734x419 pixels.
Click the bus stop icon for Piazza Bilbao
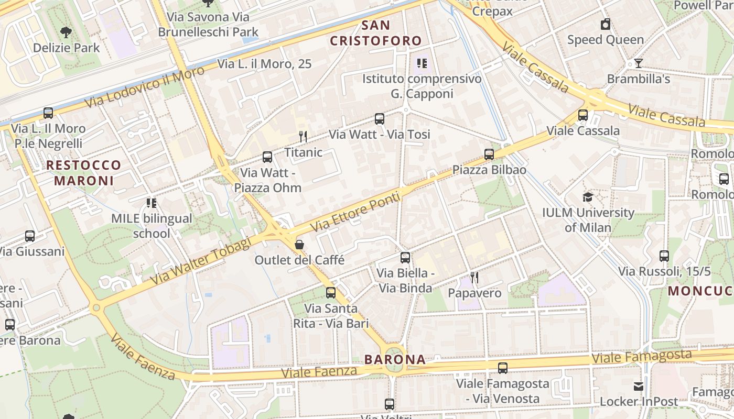(489, 154)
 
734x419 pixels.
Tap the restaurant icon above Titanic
(303, 137)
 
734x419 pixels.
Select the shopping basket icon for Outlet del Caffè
(299, 244)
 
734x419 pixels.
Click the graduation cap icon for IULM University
(588, 197)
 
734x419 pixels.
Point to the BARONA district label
(395, 359)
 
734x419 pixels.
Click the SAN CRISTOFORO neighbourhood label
(376, 33)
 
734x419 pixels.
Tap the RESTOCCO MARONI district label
(84, 173)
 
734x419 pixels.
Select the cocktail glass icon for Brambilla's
(638, 63)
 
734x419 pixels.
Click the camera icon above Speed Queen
(606, 24)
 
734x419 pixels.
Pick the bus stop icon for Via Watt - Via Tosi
(380, 119)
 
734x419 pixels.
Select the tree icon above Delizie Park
(66, 32)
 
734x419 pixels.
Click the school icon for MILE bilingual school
(152, 203)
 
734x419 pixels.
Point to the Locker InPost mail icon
(639, 387)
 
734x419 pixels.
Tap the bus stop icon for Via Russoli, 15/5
(664, 256)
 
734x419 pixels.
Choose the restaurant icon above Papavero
(474, 277)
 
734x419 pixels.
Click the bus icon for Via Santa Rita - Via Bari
(331, 293)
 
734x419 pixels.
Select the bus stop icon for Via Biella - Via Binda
(405, 257)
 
